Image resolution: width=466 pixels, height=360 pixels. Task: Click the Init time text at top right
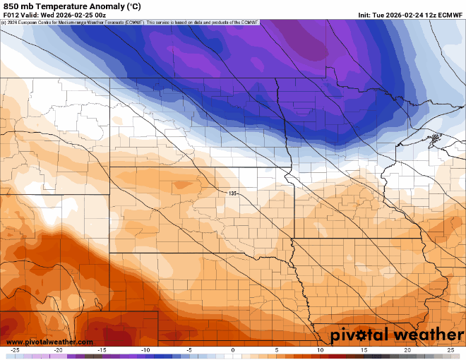(x=410, y=15)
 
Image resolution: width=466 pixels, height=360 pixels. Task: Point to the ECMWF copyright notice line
(x=131, y=23)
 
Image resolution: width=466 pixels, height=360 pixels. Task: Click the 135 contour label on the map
(x=233, y=193)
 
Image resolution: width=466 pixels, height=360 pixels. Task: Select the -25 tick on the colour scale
(x=15, y=350)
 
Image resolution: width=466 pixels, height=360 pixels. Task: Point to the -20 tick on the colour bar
(x=58, y=350)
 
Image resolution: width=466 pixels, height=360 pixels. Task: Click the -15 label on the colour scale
(x=102, y=350)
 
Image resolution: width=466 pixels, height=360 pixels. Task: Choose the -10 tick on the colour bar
(x=145, y=350)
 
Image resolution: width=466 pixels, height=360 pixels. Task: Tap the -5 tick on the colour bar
(x=189, y=350)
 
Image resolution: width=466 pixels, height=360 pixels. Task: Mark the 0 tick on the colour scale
(x=233, y=350)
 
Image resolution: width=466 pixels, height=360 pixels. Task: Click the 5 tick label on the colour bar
(x=277, y=350)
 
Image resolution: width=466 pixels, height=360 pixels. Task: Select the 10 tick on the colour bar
(x=320, y=350)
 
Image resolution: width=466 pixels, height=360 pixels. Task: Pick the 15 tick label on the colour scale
(x=364, y=350)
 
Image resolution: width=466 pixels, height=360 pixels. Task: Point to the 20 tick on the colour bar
(x=407, y=350)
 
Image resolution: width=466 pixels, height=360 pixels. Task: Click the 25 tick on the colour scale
(x=450, y=350)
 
